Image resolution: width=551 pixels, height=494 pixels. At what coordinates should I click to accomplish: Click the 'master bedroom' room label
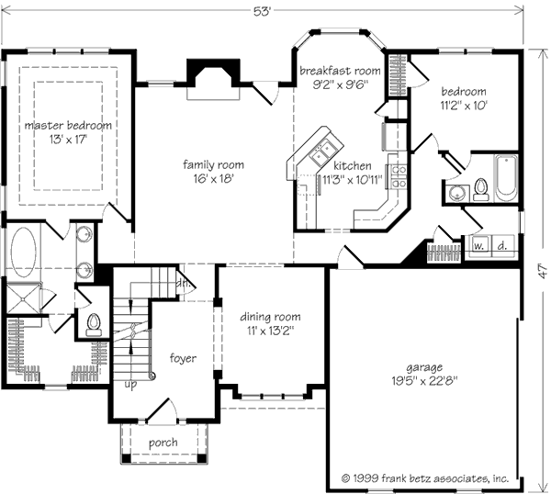[68, 126]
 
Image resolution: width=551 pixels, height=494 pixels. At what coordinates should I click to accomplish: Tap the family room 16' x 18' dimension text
[213, 179]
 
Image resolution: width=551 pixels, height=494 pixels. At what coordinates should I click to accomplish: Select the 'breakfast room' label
[340, 71]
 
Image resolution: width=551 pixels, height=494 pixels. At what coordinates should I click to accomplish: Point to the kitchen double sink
[322, 152]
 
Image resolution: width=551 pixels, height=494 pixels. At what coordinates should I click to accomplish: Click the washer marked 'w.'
[478, 246]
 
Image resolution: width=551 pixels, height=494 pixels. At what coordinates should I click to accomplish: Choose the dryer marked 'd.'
[503, 246]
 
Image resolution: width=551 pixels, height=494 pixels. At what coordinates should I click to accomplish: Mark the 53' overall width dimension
[263, 12]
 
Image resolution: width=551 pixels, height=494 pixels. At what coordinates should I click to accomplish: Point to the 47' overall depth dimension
[543, 272]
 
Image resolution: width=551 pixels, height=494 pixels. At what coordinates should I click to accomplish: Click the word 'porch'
[163, 443]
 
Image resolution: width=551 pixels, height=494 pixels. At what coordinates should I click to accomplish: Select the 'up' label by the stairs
[130, 385]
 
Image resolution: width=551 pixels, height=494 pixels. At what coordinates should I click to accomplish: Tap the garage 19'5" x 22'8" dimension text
[425, 381]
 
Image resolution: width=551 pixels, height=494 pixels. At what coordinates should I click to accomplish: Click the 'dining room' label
[270, 317]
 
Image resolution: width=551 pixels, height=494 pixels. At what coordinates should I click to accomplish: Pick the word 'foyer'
[183, 358]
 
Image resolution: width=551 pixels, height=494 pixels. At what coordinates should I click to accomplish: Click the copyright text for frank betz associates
[425, 478]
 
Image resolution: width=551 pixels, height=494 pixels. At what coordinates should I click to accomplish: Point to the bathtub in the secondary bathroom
[506, 178]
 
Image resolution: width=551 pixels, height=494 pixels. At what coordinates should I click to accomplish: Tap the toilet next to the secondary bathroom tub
[480, 190]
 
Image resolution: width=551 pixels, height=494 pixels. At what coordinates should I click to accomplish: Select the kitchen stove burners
[399, 176]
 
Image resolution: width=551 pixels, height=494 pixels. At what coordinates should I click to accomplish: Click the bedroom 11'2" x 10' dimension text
[464, 106]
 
